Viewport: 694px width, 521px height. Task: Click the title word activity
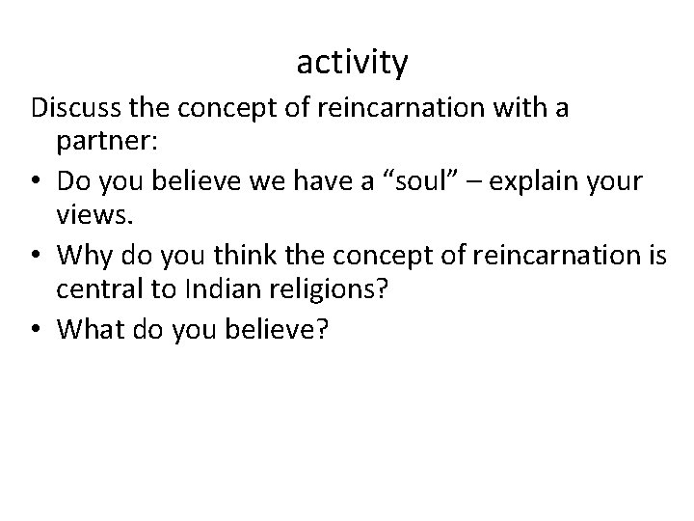(352, 64)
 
